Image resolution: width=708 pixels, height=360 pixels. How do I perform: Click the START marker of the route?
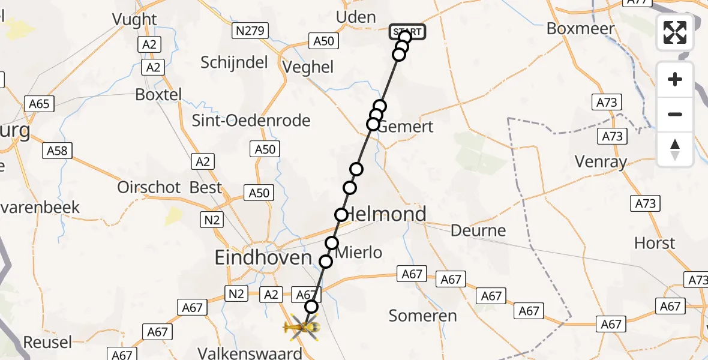pos(408,32)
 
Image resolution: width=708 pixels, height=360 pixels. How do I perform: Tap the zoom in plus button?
pos(675,79)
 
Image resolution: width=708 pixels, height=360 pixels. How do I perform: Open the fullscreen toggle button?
pos(675,32)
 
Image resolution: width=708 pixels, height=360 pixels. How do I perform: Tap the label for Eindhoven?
pos(263,258)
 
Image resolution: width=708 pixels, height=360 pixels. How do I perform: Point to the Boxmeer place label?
pos(580,28)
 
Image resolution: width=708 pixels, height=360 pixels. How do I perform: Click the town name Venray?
pos(601,161)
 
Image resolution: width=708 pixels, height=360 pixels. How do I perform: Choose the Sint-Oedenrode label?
pos(251,121)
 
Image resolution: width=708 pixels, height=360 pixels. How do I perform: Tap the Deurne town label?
pos(478,230)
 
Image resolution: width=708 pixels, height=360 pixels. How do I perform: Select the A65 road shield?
pos(39,104)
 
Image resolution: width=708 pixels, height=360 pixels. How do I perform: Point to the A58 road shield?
pos(57,151)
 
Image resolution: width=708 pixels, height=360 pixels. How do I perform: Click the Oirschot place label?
pos(149,187)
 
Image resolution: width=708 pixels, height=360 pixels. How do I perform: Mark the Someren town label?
pos(422,316)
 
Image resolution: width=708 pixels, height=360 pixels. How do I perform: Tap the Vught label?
pos(134,20)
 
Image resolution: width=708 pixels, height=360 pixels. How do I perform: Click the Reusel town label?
pos(47,343)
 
